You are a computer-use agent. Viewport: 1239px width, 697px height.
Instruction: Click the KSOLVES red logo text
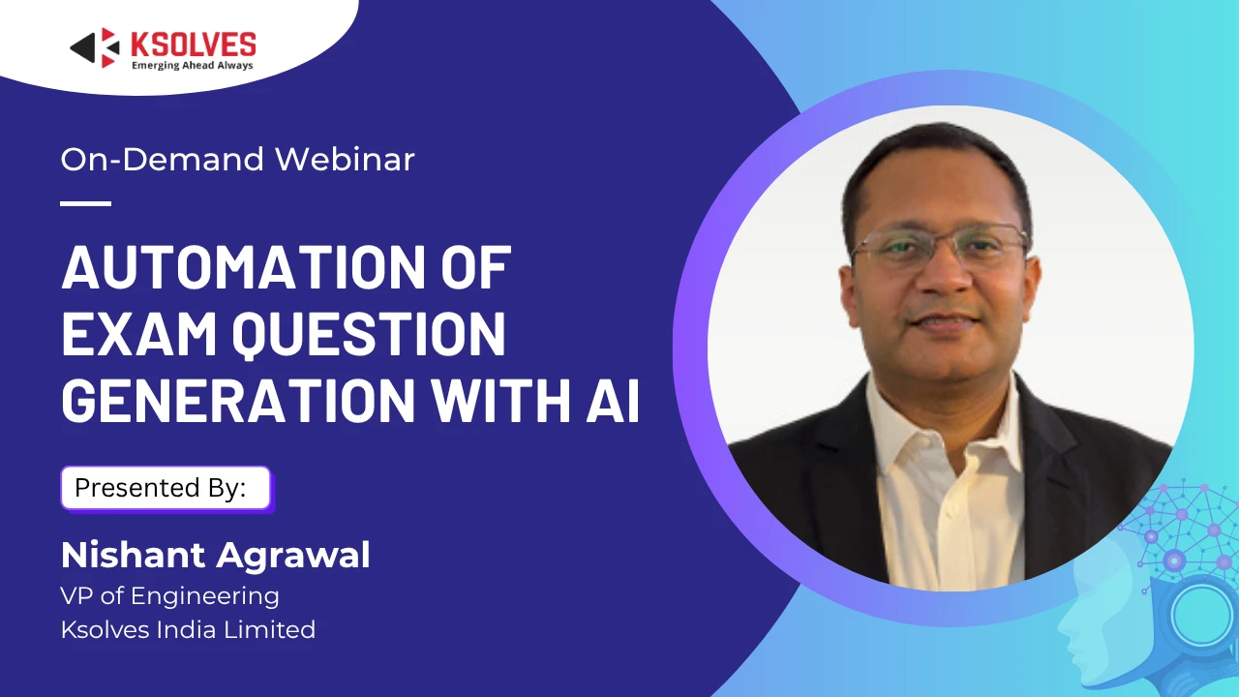[x=193, y=45]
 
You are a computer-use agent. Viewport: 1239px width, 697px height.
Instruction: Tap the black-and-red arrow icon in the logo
[x=95, y=47]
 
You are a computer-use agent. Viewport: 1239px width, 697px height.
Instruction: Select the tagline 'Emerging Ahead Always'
[x=192, y=65]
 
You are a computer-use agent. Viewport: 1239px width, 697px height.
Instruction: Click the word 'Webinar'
[x=345, y=160]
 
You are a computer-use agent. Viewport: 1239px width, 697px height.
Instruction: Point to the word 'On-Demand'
[x=163, y=160]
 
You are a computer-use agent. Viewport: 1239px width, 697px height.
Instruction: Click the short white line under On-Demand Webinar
[x=86, y=203]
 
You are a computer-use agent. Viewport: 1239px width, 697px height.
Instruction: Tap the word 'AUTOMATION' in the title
[x=243, y=268]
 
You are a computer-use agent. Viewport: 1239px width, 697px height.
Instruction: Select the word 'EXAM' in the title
[x=138, y=334]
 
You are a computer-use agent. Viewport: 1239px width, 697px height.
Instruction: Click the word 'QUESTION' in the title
[x=369, y=335]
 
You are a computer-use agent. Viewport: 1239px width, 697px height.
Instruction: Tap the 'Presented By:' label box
[x=166, y=488]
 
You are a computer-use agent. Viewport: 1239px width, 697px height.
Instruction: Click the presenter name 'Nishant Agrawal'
[x=215, y=555]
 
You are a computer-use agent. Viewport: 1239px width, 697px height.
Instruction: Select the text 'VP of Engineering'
[x=169, y=596]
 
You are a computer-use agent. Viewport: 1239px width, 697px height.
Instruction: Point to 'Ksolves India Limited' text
[x=188, y=629]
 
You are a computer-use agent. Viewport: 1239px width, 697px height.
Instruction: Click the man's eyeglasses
[x=940, y=246]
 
